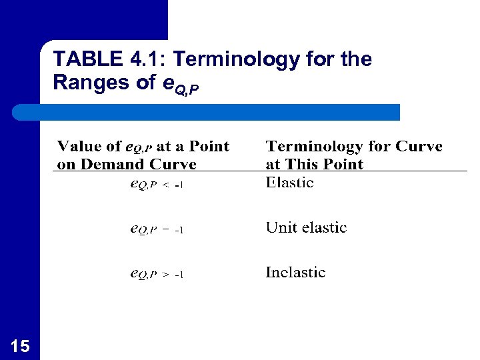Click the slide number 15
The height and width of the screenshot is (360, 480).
click(x=20, y=345)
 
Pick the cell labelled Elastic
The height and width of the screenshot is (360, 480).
click(x=289, y=183)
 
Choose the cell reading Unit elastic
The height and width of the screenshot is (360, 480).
click(x=306, y=228)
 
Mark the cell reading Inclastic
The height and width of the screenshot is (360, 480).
click(x=295, y=273)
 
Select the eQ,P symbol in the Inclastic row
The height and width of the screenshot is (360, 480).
click(x=143, y=274)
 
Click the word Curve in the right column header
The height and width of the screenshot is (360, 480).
click(x=420, y=147)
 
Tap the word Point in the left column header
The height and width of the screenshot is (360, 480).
click(x=209, y=147)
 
